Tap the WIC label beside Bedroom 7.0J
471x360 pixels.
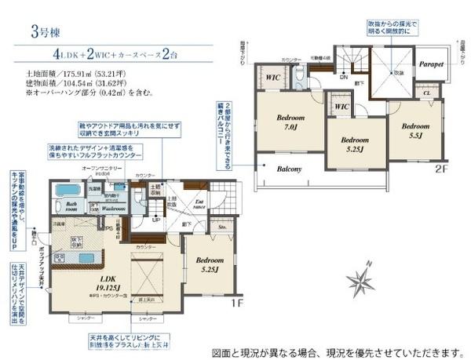coord(272,78)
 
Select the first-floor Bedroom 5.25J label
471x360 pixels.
coord(210,264)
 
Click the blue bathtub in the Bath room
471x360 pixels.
coord(64,191)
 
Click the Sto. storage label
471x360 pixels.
coord(222,230)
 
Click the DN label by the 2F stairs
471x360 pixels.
coord(343,78)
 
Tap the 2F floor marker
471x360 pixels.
coord(441,167)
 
